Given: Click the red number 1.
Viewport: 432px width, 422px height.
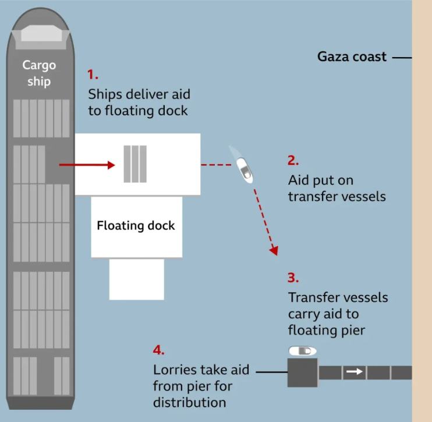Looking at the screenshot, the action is pyautogui.click(x=93, y=75).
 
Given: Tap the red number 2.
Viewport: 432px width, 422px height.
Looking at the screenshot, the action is pyautogui.click(x=293, y=160).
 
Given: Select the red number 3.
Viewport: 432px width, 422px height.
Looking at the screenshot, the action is pyautogui.click(x=293, y=278).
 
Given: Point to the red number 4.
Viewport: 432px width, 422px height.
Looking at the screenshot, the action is pyautogui.click(x=158, y=350).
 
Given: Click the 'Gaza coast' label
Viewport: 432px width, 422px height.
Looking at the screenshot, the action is pyautogui.click(x=352, y=56).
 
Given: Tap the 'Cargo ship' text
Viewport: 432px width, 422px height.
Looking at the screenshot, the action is pyautogui.click(x=39, y=73).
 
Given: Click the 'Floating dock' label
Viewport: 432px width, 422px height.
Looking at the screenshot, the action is pyautogui.click(x=136, y=226).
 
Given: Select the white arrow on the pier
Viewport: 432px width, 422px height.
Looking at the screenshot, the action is pyautogui.click(x=355, y=371).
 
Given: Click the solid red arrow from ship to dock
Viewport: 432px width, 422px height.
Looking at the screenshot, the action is pyautogui.click(x=87, y=165).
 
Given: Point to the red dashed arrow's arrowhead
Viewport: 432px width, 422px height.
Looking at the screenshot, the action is pyautogui.click(x=274, y=250).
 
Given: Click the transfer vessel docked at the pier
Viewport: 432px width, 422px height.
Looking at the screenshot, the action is pyautogui.click(x=303, y=351).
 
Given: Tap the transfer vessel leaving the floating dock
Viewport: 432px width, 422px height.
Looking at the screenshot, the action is pyautogui.click(x=245, y=170).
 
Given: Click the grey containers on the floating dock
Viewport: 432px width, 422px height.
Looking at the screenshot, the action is pyautogui.click(x=135, y=164).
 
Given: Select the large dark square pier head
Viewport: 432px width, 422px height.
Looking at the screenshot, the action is pyautogui.click(x=303, y=373).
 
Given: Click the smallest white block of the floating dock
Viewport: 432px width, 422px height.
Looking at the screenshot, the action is pyautogui.click(x=137, y=279).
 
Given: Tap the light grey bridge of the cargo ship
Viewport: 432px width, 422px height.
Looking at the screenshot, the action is pyautogui.click(x=41, y=33).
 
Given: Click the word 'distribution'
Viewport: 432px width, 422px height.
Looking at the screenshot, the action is pyautogui.click(x=190, y=402).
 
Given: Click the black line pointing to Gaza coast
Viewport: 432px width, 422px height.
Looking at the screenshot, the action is pyautogui.click(x=402, y=58).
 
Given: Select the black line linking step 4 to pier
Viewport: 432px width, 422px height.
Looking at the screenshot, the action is pyautogui.click(x=272, y=372).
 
